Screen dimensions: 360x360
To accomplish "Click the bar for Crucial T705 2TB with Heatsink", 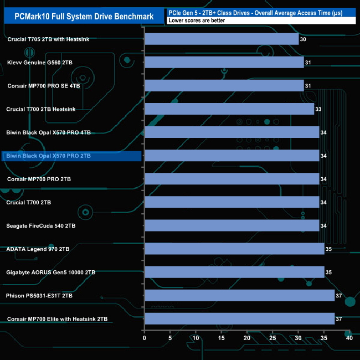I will tap(221, 39).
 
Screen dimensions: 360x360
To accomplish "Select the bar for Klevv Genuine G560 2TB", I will tap(224, 63).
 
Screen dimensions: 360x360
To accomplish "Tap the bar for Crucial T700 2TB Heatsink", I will tap(229, 109).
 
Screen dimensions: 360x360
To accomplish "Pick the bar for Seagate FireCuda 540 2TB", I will tap(232, 225).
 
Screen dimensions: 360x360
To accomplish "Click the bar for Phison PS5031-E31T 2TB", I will tap(239, 295).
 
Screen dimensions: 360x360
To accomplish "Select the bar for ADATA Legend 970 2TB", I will tap(234, 249).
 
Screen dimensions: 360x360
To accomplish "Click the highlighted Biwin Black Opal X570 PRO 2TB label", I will tap(48, 156).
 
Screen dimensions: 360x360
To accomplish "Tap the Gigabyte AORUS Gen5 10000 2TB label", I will tap(50, 272).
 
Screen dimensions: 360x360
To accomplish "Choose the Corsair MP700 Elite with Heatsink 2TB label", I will tap(57, 319).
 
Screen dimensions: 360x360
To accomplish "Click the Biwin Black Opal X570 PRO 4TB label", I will tap(48, 132).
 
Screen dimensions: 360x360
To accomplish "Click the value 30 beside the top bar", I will tap(303, 40).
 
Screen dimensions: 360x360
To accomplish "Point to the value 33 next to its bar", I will tap(318, 110).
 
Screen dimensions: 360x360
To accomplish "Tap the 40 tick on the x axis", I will tap(349, 338).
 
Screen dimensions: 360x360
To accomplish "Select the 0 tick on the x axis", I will tap(145, 338).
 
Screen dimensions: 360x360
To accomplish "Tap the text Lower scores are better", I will tap(197, 20).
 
